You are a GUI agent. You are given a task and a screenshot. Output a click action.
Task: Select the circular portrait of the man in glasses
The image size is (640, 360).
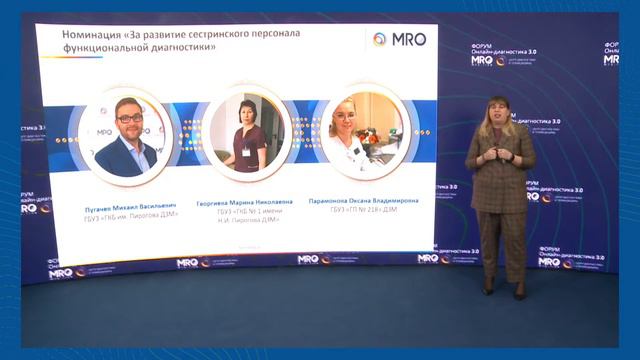[125, 135]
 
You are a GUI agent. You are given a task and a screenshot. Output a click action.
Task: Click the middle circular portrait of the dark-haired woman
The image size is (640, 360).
[246, 133]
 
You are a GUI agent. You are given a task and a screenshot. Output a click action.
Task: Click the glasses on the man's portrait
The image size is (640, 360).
[127, 118]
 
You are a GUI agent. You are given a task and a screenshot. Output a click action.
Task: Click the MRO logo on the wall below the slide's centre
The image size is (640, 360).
[311, 260]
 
